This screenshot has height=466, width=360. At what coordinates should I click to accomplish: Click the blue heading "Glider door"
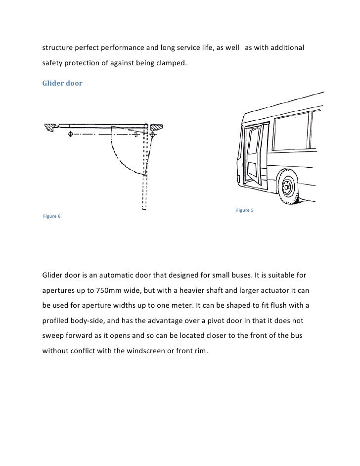tap(62, 84)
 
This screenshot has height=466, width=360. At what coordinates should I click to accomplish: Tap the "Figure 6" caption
tap(51, 217)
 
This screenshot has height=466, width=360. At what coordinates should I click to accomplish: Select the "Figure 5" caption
tap(245, 211)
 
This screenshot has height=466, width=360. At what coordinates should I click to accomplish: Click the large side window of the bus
tap(292, 134)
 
